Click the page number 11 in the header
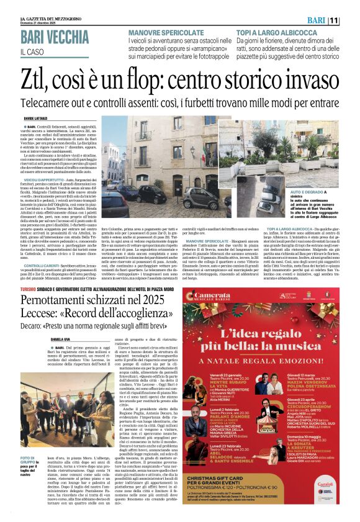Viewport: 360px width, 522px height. point(351,21)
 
